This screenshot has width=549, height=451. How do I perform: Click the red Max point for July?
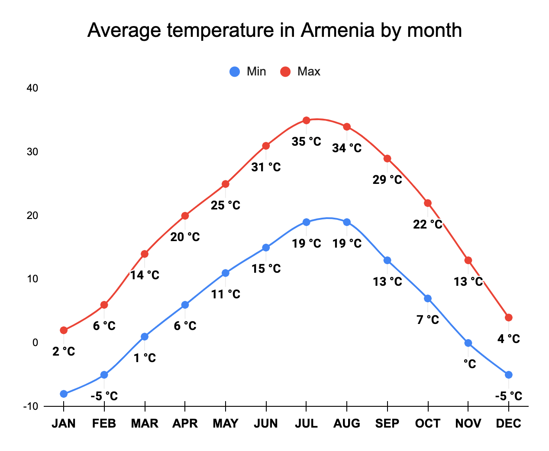point(306,120)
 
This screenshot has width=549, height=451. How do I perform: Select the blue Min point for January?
point(64,394)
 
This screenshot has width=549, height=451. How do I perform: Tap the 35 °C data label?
point(306,141)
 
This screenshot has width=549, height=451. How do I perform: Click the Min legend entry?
point(248,72)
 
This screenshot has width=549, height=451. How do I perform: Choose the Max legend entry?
point(300,72)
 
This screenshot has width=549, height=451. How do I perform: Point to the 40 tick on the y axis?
point(32,88)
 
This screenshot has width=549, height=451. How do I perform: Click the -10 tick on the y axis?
point(31,406)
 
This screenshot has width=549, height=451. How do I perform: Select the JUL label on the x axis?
point(306,423)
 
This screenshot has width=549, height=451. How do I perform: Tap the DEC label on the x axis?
point(508,423)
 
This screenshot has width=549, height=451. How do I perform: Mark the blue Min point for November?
point(468,343)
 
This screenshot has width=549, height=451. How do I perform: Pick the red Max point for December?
point(508,317)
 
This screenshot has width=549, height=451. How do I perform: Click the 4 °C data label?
point(508,339)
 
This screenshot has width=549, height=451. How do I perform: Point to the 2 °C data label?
point(64,351)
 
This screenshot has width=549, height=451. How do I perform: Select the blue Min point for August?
point(347,222)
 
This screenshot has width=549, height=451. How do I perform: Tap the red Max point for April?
point(185,216)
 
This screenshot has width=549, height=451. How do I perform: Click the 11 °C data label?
point(226,294)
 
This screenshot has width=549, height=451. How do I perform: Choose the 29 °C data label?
point(387,180)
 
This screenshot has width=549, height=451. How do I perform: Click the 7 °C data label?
point(428,320)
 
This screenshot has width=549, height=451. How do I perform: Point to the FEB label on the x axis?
point(104,423)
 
